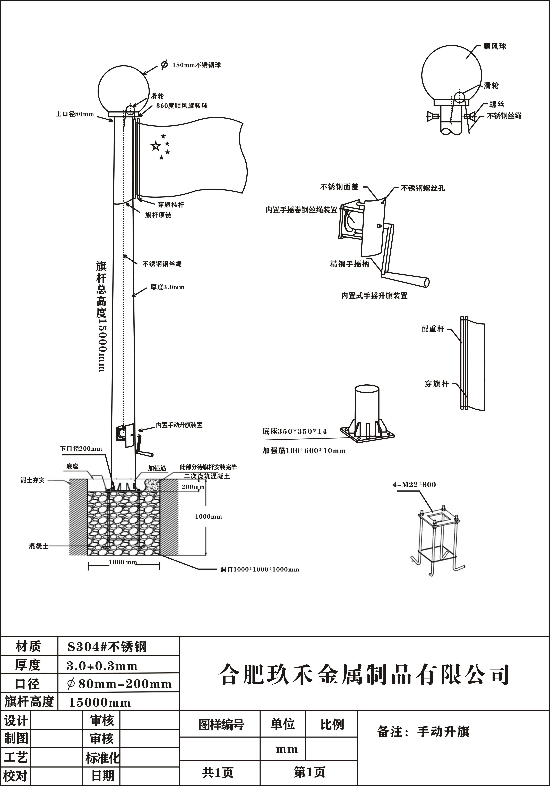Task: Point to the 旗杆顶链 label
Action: coord(158,215)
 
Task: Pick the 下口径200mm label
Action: coord(81,448)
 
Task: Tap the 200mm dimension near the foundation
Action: coord(193,487)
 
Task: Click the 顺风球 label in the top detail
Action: coord(495,46)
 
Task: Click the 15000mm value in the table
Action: coord(100,703)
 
